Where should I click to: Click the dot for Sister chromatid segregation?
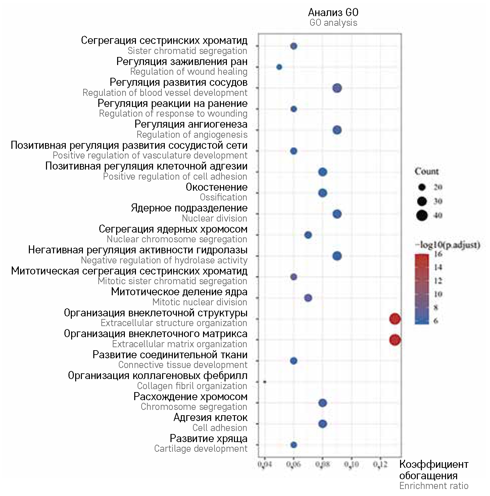294,46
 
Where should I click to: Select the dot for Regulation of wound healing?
279,67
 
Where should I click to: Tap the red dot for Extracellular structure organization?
395,319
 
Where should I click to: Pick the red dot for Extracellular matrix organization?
395,340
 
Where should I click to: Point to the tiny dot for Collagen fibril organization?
265,382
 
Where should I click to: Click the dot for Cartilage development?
294,445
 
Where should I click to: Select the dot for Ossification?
323,193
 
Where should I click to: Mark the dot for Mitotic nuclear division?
308,298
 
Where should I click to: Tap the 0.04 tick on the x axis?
265,464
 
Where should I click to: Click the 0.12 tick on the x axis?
380,464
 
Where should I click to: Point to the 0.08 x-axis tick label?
323,464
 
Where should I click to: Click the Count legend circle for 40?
422,215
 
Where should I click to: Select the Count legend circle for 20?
422,187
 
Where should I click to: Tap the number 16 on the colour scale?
438,254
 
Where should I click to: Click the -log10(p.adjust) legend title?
447,245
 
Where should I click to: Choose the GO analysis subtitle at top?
333,23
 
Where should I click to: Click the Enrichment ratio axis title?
434,486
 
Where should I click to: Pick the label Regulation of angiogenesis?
192,134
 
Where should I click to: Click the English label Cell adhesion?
220,428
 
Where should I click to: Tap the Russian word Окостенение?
216,187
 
